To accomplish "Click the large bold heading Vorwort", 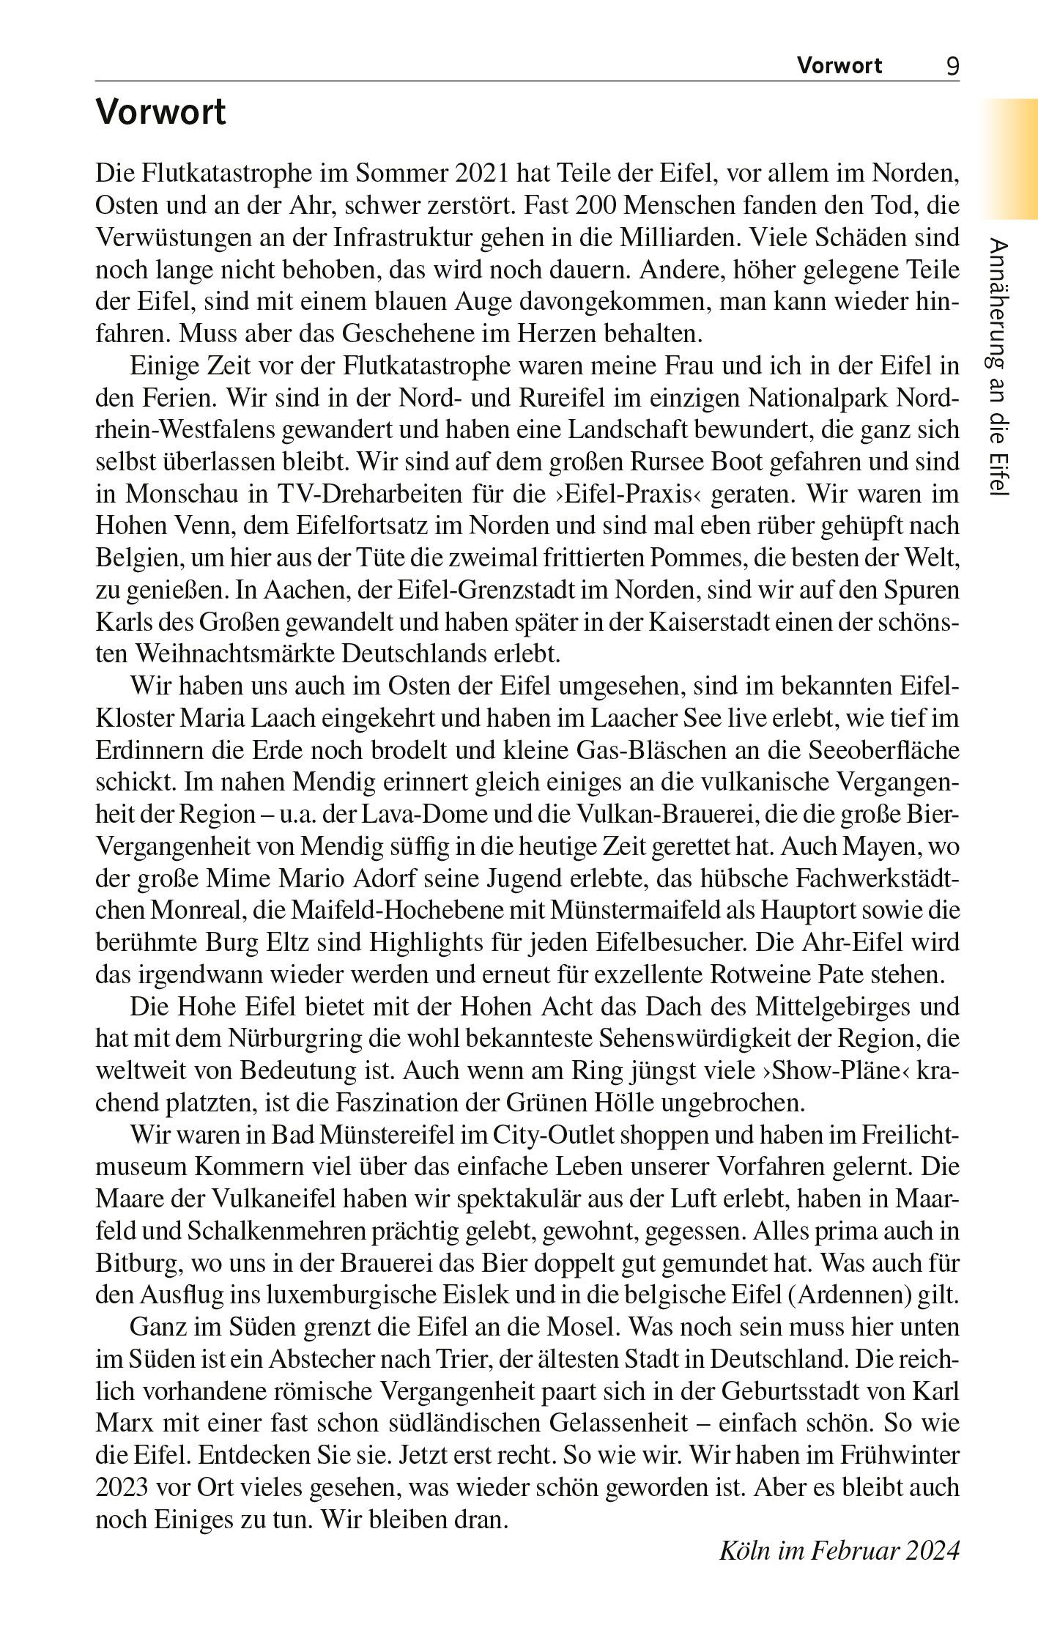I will [x=160, y=113].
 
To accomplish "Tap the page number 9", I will [x=952, y=67].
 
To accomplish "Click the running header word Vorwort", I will [x=839, y=67].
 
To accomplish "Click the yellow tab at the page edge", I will [x=1010, y=158].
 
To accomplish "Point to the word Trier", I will [x=470, y=1359].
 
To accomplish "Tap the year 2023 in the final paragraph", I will [x=121, y=1487].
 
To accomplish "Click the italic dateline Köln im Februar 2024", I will [x=839, y=1551].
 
